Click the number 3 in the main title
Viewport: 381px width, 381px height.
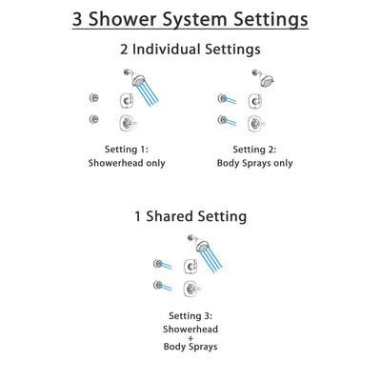point(81,18)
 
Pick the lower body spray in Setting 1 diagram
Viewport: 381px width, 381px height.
point(93,119)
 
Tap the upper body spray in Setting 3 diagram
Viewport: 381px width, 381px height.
point(158,263)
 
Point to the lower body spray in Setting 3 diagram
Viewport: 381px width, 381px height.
point(158,285)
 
